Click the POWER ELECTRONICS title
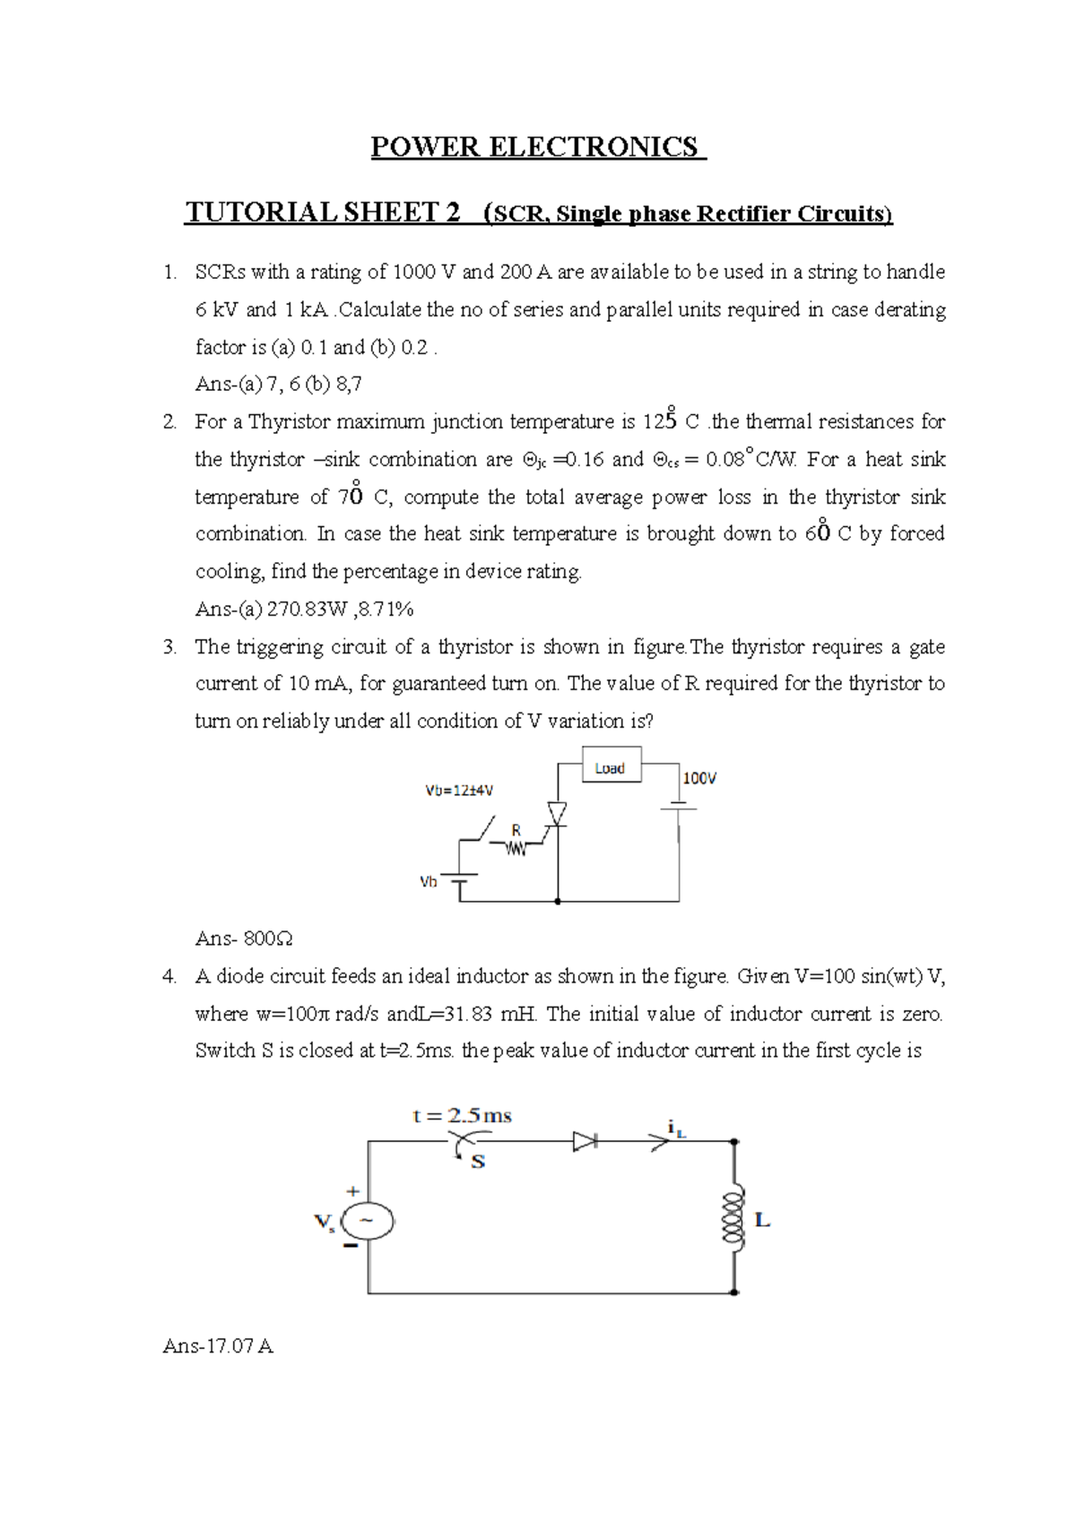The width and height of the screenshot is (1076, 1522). [538, 147]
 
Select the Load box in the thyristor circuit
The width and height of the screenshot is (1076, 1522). [611, 768]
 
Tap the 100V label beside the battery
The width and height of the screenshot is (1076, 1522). [699, 779]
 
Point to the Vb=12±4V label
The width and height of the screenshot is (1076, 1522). [459, 791]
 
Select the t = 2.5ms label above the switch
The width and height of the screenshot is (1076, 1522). [462, 1116]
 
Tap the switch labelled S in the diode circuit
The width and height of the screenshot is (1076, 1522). [464, 1146]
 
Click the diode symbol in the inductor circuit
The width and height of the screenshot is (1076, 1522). [586, 1141]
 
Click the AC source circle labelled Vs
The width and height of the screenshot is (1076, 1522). [368, 1221]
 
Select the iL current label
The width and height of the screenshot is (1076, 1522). [676, 1128]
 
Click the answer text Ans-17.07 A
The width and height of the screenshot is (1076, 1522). [218, 1346]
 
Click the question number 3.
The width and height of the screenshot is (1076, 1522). [169, 647]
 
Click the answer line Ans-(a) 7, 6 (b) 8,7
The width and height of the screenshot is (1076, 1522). [278, 385]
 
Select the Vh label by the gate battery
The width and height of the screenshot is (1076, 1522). [429, 882]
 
